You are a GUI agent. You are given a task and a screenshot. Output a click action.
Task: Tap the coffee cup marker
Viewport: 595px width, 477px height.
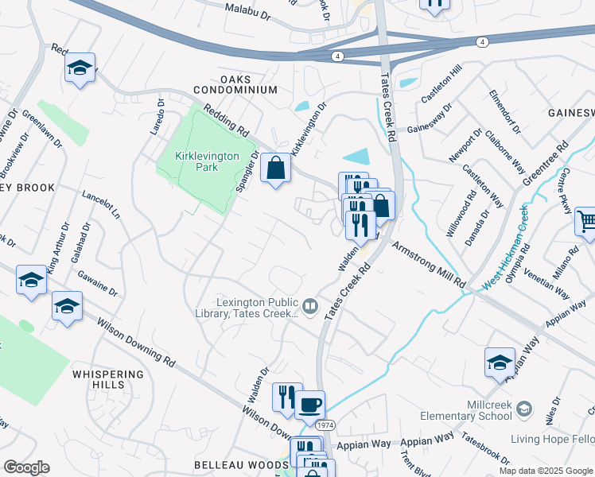(309, 404)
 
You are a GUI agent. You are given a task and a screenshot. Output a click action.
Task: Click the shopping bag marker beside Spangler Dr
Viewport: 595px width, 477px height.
(275, 169)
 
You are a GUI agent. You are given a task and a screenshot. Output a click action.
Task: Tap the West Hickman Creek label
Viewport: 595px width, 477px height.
(504, 246)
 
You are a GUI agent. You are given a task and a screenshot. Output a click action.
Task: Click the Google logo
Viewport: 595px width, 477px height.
(26, 467)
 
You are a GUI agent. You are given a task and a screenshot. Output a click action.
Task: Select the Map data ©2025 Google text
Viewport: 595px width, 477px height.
(545, 471)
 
